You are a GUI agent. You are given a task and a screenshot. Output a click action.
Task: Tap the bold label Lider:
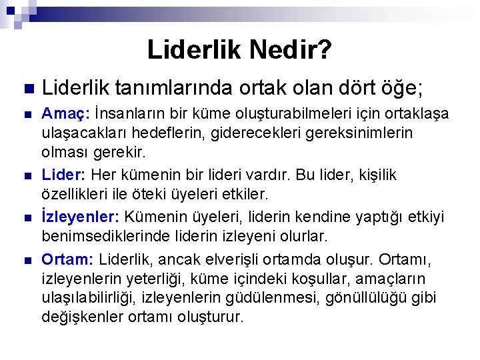(x=64, y=175)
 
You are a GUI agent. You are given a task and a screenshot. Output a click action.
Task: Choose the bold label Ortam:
(x=66, y=259)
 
